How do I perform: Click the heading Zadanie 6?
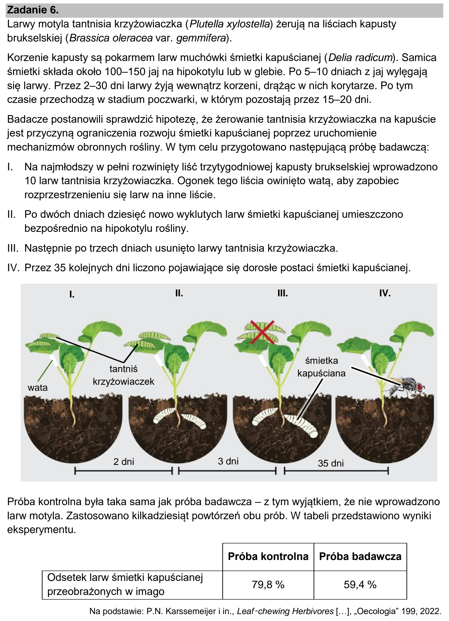coord(33,10)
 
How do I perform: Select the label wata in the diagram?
coord(37,388)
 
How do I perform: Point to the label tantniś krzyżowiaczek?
coord(124,375)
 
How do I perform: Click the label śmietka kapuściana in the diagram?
coord(321,367)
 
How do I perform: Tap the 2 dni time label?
coord(124,462)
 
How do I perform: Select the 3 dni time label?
coord(228,461)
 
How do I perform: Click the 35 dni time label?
coord(331,463)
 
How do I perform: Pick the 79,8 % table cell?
coord(268,585)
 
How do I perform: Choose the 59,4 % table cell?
coord(360,585)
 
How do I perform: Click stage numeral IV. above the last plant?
coord(385,294)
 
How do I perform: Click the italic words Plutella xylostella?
coord(230,24)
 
